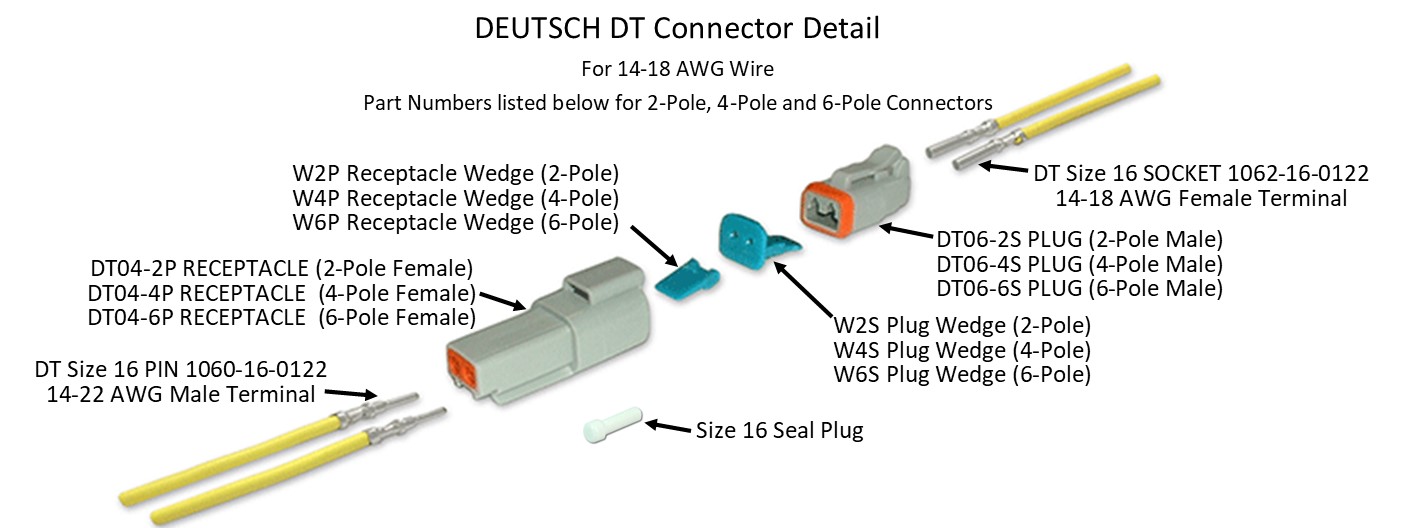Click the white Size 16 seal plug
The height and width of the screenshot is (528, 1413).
pyautogui.click(x=610, y=429)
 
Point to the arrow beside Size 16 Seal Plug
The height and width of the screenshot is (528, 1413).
pyautogui.click(x=667, y=427)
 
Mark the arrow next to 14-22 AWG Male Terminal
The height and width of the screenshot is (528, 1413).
pyautogui.click(x=351, y=395)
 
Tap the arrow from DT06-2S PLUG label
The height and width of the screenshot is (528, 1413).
pyautogui.click(x=904, y=232)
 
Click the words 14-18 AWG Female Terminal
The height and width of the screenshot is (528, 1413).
pyautogui.click(x=1201, y=198)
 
